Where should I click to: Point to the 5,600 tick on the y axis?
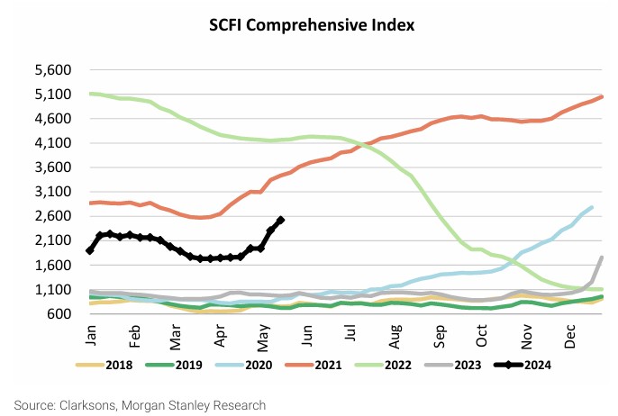click(x=51, y=70)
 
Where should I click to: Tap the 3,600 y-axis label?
click(x=51, y=167)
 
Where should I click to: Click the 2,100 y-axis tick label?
click(x=51, y=240)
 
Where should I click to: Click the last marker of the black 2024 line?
click(x=281, y=220)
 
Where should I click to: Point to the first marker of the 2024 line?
click(x=89, y=250)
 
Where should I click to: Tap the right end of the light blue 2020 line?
click(x=592, y=208)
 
